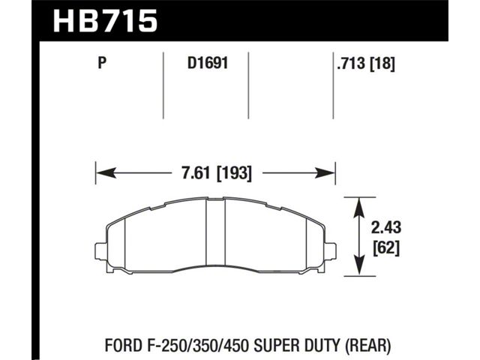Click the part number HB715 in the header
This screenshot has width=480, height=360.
105,21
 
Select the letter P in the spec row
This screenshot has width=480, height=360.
102,63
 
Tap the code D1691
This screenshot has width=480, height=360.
208,63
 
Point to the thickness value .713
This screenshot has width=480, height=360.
351,64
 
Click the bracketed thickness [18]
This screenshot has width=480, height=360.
382,64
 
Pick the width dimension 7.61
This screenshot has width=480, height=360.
196,173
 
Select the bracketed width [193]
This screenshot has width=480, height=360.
234,173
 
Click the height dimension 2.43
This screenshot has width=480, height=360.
385,228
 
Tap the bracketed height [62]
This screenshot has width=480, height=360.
386,247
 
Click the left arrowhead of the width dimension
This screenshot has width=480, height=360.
106,173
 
